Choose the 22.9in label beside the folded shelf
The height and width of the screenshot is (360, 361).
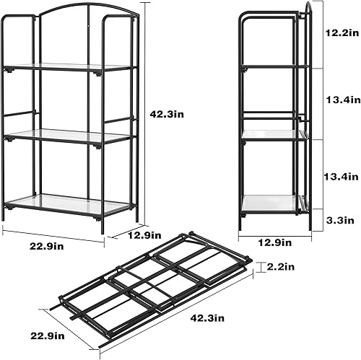(x=47, y=335)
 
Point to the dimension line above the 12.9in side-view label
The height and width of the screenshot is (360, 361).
(x=275, y=232)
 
